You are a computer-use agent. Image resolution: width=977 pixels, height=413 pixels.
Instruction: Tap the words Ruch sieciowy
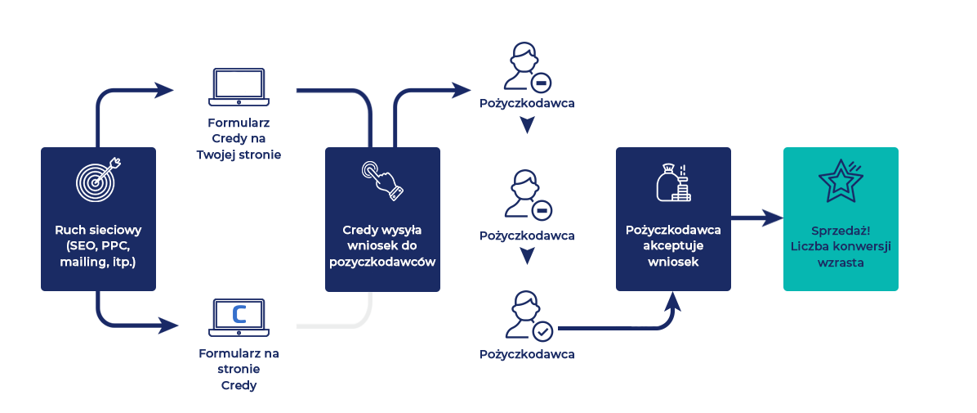point(98,231)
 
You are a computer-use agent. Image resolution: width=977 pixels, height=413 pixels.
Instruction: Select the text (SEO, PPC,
point(98,246)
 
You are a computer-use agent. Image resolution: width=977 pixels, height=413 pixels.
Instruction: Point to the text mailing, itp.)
point(98,263)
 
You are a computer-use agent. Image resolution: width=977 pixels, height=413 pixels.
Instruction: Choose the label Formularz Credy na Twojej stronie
point(235,140)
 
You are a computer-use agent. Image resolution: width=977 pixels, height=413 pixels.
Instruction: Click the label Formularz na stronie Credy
point(239,370)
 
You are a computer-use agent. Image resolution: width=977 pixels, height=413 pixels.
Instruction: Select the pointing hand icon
point(382,181)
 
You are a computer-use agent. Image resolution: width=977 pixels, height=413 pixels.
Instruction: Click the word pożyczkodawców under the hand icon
point(382,263)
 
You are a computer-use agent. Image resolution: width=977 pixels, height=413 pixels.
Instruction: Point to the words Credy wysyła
point(382,230)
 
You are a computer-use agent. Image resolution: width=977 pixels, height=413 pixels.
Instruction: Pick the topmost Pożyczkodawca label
point(527,104)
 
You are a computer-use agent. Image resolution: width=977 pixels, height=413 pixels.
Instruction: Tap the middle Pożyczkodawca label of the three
point(527,236)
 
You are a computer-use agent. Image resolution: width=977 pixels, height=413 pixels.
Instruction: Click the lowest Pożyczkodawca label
point(527,354)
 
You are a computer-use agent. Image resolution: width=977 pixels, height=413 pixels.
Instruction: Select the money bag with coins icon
point(673,182)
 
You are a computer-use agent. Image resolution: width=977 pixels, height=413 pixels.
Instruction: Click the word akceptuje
point(673,246)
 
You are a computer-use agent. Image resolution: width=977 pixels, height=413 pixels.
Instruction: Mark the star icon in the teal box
point(840,180)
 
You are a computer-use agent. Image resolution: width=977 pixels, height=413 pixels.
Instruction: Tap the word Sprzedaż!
point(841,231)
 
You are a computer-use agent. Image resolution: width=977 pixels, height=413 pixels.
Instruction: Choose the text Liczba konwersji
point(841,247)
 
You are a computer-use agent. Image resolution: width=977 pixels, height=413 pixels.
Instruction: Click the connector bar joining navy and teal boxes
point(757,217)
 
